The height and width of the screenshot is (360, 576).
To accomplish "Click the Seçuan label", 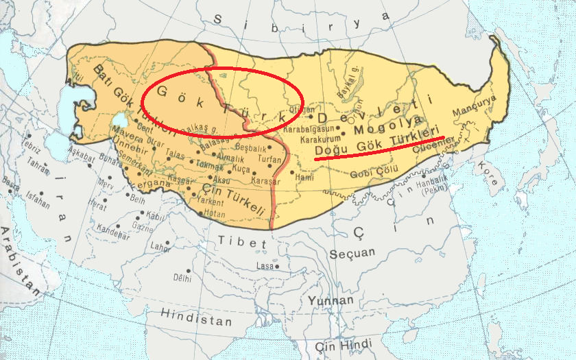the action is point(352,253).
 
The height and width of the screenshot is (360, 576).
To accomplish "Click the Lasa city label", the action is point(265,265).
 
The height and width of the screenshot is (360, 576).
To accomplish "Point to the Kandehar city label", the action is point(112,232).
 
